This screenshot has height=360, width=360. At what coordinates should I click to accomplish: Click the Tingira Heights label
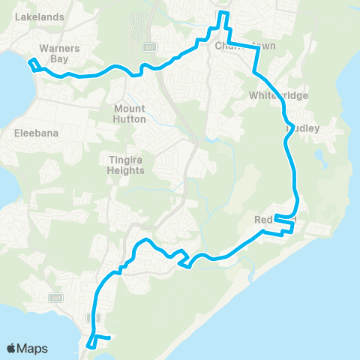[125, 165]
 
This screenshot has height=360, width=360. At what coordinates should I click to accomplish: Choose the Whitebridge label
[277, 96]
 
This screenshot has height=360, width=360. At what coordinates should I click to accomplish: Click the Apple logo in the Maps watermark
[12, 348]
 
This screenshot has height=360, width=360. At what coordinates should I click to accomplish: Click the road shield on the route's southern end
[93, 317]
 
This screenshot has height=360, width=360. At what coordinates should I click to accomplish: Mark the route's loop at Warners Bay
[34, 64]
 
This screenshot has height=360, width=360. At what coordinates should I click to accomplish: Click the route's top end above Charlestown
[223, 13]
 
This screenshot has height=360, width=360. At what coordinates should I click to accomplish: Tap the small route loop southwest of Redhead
[184, 259]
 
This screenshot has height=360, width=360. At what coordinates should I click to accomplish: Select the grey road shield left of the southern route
[56, 298]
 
